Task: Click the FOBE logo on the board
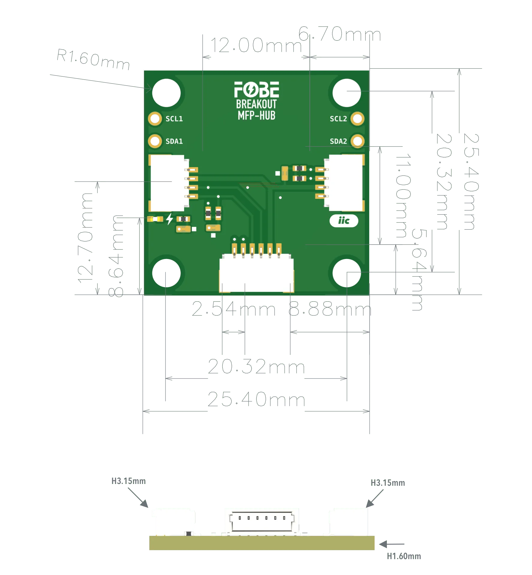click(x=256, y=89)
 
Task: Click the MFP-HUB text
click(x=256, y=115)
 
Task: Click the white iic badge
click(x=344, y=221)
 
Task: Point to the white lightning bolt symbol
click(x=170, y=219)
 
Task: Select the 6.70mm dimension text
click(x=339, y=34)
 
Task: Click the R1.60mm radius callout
click(x=93, y=61)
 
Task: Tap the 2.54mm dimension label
click(x=234, y=309)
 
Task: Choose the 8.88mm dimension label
click(x=328, y=309)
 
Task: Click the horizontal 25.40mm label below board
click(x=256, y=400)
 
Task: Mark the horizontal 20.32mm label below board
click(x=256, y=367)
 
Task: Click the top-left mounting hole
click(x=166, y=93)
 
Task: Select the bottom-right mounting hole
click(x=346, y=273)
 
